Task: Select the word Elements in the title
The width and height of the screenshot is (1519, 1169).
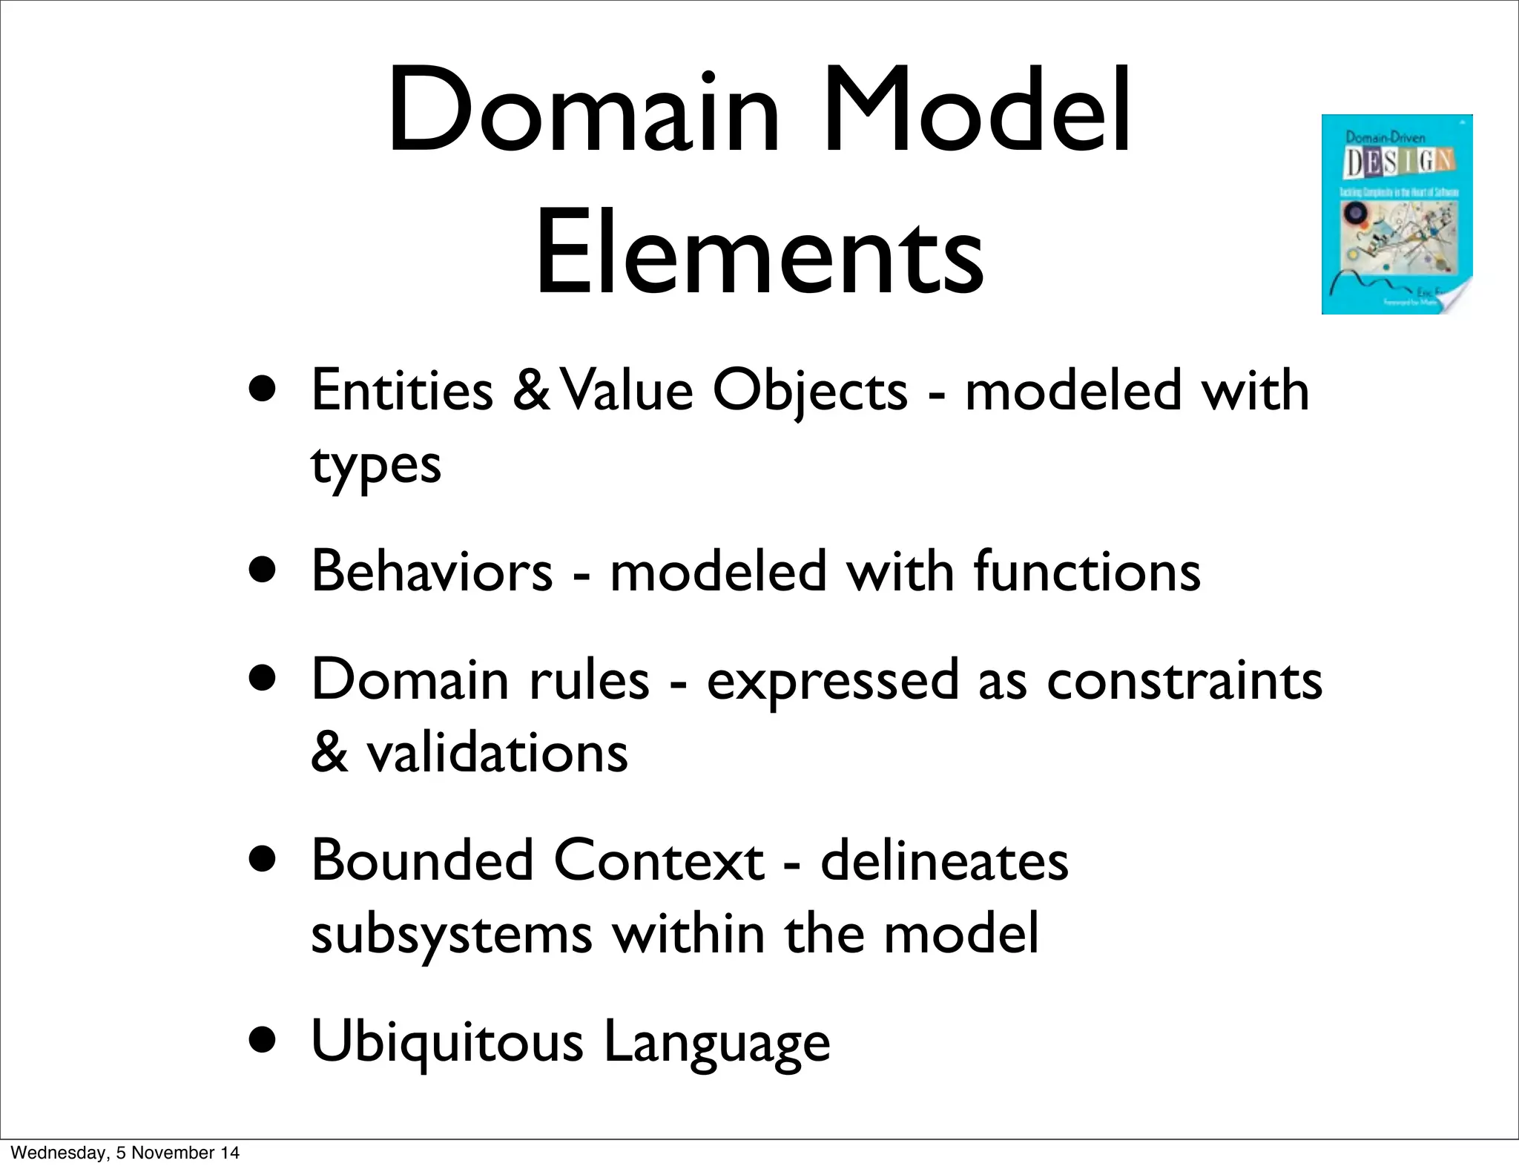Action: [759, 253]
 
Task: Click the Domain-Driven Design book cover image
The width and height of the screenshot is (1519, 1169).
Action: [1397, 214]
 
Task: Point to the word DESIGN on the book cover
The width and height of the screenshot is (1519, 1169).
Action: [1399, 162]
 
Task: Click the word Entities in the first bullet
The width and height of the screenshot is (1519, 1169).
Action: [402, 391]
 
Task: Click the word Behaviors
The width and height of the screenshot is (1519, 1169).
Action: [432, 571]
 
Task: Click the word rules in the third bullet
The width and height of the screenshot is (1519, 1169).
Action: [589, 679]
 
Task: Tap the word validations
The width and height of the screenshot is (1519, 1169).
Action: [497, 752]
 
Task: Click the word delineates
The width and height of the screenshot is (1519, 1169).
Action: [944, 860]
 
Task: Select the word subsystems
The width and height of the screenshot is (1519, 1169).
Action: [451, 935]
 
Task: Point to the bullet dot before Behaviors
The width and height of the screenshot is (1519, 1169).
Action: [263, 572]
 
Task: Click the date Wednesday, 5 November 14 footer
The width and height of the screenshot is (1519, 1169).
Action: [125, 1153]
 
